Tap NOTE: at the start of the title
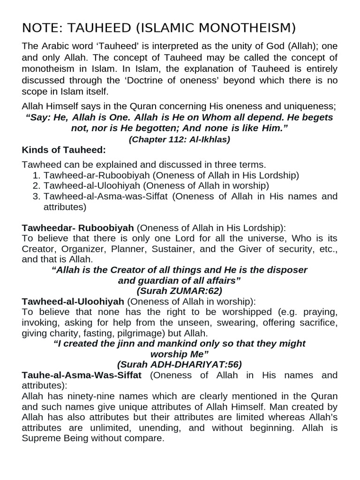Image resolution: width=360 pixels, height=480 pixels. pyautogui.click(x=37, y=28)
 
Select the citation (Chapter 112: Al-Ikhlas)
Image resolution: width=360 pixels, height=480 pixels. pyautogui.click(x=180, y=139)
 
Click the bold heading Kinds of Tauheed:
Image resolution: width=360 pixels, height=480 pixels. pyautogui.click(x=64, y=150)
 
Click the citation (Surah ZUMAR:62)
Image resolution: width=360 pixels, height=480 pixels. pyautogui.click(x=180, y=291)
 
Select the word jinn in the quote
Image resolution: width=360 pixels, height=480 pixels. pyautogui.click(x=124, y=344)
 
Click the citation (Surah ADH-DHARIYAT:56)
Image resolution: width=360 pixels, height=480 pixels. pyautogui.click(x=180, y=364)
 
